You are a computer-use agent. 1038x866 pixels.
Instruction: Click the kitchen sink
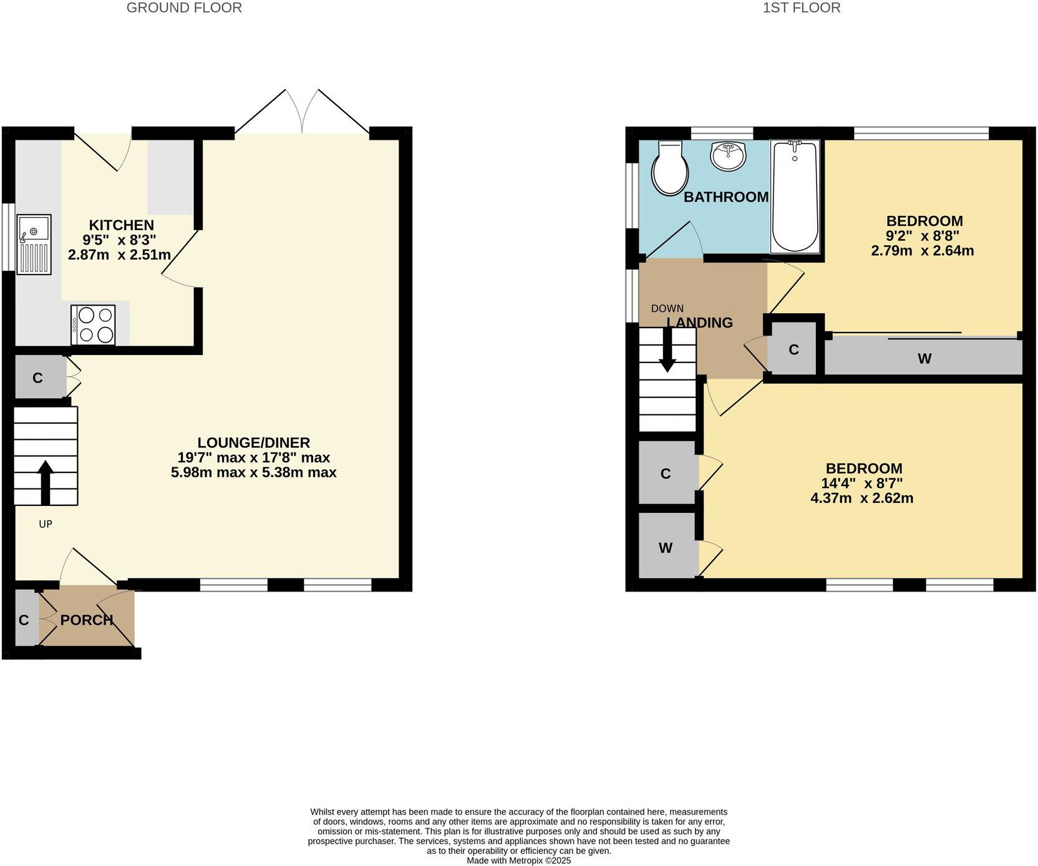(34, 244)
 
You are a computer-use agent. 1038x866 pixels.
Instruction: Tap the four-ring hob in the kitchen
(93, 324)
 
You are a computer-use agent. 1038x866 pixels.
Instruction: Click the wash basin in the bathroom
(728, 156)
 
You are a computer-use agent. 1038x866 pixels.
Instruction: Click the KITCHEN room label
(121, 225)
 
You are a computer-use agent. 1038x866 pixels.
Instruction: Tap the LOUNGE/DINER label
(254, 443)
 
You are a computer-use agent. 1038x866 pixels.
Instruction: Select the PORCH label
(87, 620)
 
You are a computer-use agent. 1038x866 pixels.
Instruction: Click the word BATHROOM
(726, 197)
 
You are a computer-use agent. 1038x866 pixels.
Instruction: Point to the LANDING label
(700, 323)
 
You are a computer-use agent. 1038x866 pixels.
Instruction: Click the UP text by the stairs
(46, 524)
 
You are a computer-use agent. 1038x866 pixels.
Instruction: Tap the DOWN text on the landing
(667, 308)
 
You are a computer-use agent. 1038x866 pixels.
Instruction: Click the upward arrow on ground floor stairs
(46, 482)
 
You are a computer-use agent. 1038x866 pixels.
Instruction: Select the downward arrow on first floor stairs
(667, 350)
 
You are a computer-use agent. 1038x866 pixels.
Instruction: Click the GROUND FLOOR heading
(184, 7)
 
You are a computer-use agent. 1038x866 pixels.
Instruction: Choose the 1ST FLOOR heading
(802, 7)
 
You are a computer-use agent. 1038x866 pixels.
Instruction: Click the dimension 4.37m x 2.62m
(861, 498)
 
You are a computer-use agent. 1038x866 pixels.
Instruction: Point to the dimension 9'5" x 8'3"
(119, 240)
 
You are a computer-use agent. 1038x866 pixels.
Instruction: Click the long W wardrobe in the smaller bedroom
(924, 358)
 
